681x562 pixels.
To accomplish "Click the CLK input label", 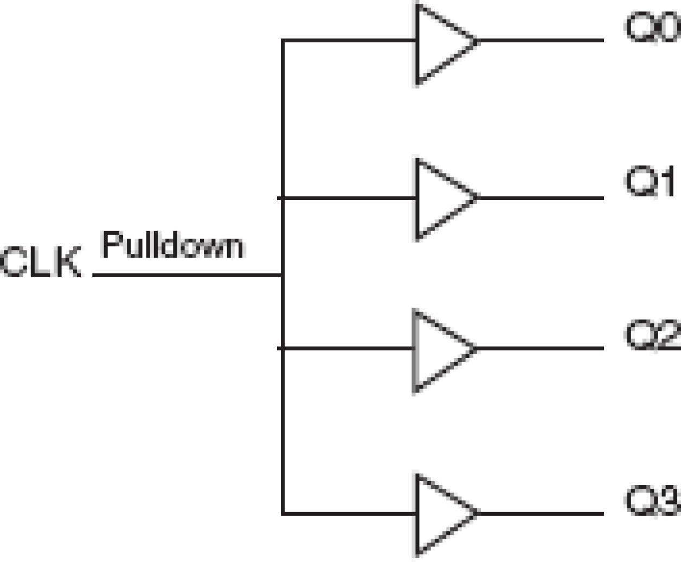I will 41,263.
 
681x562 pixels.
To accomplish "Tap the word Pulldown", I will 172,245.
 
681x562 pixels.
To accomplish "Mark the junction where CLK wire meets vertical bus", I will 282,276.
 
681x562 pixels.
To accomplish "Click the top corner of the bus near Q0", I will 282,41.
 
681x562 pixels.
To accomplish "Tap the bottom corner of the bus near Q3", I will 282,513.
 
